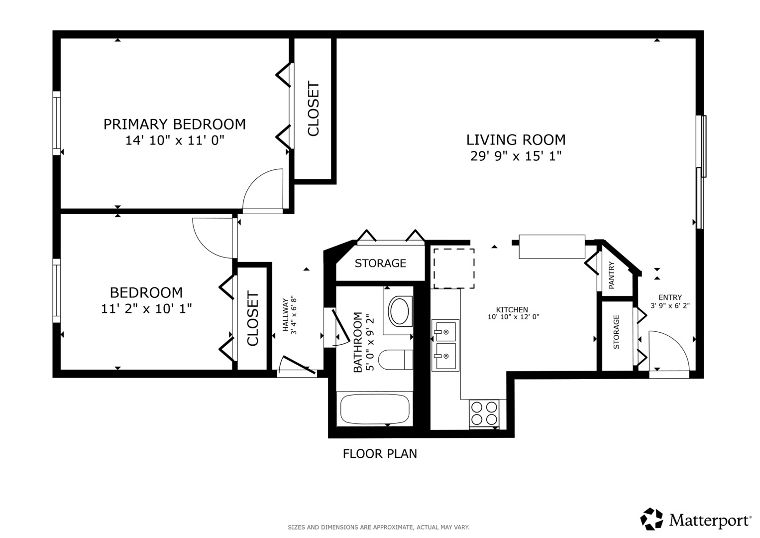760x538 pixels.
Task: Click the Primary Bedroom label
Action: coord(174,124)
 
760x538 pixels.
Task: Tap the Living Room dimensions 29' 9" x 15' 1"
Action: coord(516,156)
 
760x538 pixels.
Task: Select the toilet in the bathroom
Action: coord(395,360)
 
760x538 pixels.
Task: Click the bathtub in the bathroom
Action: coord(374,409)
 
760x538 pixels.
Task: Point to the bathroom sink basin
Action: coord(399,312)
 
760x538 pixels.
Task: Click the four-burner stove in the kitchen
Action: coord(484,413)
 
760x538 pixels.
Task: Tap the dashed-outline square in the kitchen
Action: coord(453,269)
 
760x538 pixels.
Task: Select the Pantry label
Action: coord(612,275)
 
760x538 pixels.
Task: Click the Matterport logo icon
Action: coord(651,519)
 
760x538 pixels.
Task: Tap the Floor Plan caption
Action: coord(380,454)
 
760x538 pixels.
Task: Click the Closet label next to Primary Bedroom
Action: coord(314,109)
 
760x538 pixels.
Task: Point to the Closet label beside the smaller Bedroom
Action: coord(253,319)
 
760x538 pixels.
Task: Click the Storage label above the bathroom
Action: coord(380,263)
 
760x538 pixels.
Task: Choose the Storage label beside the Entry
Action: coord(616,332)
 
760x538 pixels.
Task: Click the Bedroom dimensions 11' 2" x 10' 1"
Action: coord(146,309)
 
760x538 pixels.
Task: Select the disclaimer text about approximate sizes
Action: coord(378,527)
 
